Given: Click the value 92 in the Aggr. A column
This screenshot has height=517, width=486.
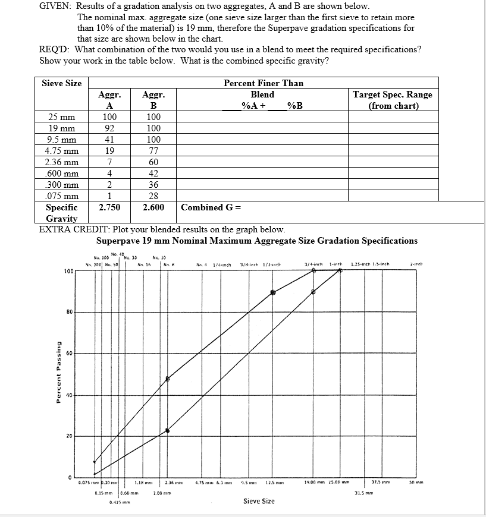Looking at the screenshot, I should [109, 128].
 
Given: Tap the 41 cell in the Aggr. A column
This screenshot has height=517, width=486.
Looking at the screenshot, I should [109, 140].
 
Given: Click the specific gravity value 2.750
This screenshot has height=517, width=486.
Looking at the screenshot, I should [109, 207].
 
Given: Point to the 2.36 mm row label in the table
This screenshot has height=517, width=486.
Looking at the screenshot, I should [62, 162].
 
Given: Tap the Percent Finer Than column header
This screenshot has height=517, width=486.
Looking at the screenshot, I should [263, 83].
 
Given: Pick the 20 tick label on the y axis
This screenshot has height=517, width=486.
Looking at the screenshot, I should [68, 436].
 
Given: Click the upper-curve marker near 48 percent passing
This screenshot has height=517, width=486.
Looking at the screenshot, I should [168, 379].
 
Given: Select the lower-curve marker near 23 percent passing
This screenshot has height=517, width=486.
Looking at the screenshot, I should [167, 430].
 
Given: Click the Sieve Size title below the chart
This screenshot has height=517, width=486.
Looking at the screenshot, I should [259, 501].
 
